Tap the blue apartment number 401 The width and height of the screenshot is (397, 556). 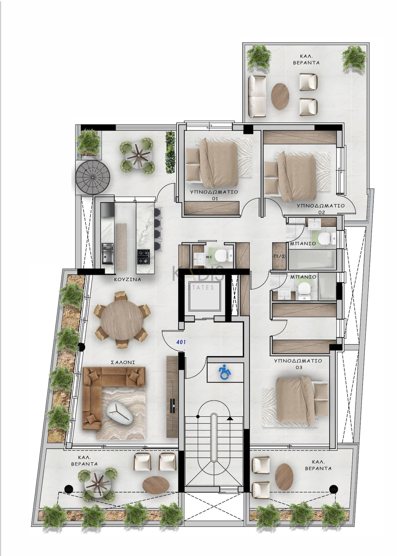181,342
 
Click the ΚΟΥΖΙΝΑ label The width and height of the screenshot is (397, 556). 128,279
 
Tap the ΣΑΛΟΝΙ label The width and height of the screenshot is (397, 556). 123,362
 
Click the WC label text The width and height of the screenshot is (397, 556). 209,257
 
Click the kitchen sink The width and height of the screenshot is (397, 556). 107,253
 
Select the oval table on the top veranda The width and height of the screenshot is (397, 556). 280,96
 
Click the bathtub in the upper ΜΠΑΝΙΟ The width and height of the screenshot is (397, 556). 312,260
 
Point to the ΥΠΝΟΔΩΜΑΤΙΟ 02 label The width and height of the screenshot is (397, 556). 321,209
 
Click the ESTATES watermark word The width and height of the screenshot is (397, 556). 199,287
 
